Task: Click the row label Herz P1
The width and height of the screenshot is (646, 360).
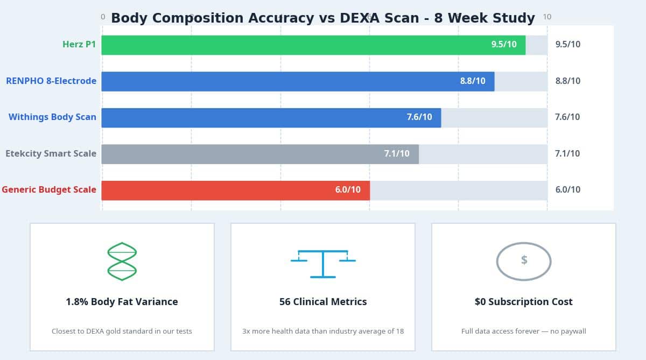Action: [x=79, y=45]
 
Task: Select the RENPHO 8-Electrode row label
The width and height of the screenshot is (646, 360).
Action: [x=51, y=81]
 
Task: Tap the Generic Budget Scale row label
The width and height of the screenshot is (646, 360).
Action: [x=49, y=190]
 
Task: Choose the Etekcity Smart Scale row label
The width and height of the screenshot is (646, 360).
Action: [x=51, y=154]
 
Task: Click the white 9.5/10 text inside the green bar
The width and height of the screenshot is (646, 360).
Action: [x=503, y=45]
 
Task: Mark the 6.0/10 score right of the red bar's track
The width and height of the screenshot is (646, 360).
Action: [x=567, y=190]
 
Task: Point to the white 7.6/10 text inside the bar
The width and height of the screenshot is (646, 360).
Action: [x=419, y=117]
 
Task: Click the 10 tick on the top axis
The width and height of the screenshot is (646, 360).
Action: [x=547, y=17]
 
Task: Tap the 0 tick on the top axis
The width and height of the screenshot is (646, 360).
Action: [x=103, y=17]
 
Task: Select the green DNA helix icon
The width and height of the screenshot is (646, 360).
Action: [x=122, y=262]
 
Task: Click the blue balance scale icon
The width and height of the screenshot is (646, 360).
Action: [x=323, y=263]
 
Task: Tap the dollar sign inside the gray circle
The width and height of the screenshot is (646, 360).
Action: [x=524, y=260]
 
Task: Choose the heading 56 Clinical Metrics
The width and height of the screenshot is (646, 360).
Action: [x=323, y=302]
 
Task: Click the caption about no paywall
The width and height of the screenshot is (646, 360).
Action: [x=523, y=331]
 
